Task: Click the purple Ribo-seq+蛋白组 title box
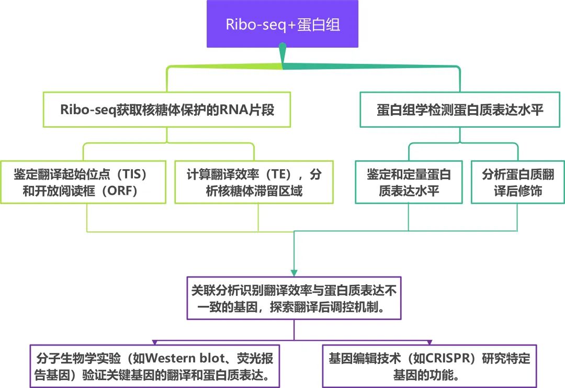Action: (282, 24)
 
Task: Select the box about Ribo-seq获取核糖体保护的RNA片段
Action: (167, 110)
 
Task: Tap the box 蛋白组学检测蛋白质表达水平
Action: (460, 110)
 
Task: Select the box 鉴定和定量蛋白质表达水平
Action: (409, 182)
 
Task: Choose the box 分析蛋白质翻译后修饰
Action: (517, 182)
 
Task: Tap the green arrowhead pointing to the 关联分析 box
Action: (294, 272)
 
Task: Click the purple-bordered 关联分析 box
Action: (294, 298)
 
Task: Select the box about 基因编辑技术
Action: (429, 366)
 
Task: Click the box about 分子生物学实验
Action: (155, 366)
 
